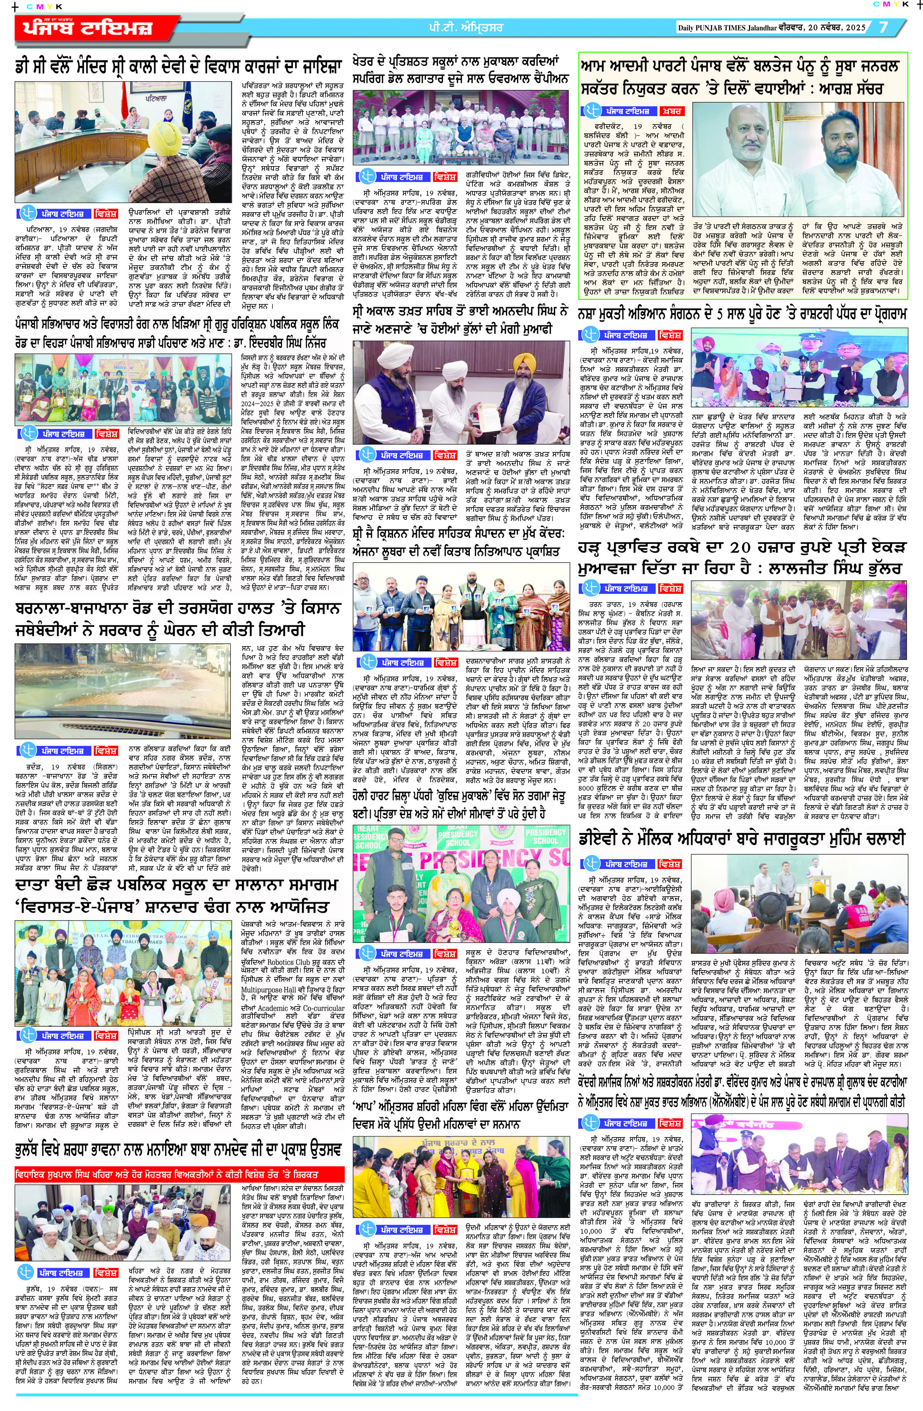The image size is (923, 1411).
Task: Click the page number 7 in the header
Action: (883, 27)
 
